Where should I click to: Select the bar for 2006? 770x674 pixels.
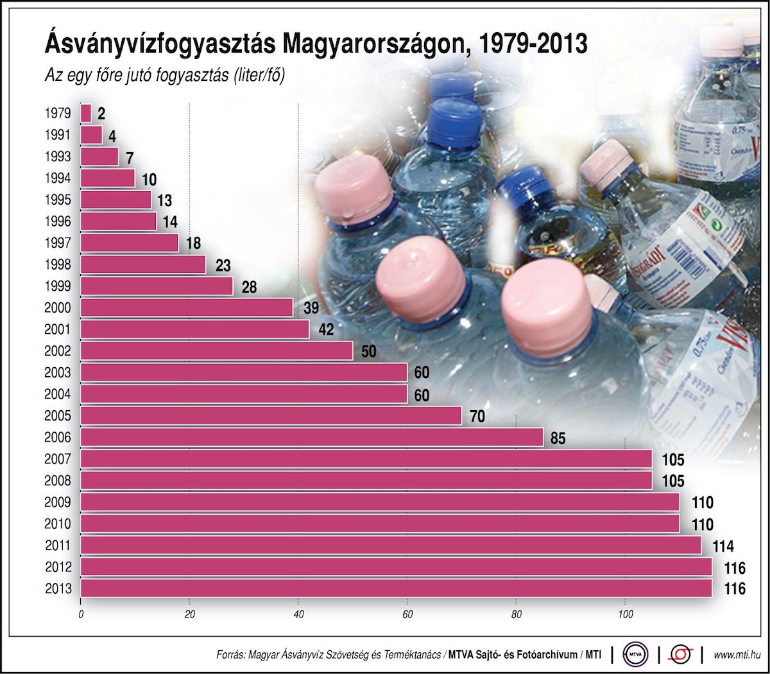[312, 438]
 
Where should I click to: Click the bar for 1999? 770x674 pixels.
[157, 286]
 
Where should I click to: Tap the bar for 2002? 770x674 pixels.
[217, 351]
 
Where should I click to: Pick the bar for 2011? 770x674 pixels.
[391, 546]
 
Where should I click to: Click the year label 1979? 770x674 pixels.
[57, 114]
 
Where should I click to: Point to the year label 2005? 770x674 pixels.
[57, 416]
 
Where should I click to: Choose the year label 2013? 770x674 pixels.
[58, 589]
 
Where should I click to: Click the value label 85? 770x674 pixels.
[558, 438]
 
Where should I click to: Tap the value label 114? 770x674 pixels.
[723, 546]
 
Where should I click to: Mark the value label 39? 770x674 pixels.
[311, 308]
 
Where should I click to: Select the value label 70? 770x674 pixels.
[477, 417]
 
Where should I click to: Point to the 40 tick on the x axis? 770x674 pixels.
[298, 615]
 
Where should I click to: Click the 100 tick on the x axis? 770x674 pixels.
[625, 615]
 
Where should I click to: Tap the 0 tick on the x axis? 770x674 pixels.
[81, 615]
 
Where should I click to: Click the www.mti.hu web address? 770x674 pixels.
[737, 655]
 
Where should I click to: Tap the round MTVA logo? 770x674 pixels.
[636, 655]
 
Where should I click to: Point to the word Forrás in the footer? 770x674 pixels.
[230, 655]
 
